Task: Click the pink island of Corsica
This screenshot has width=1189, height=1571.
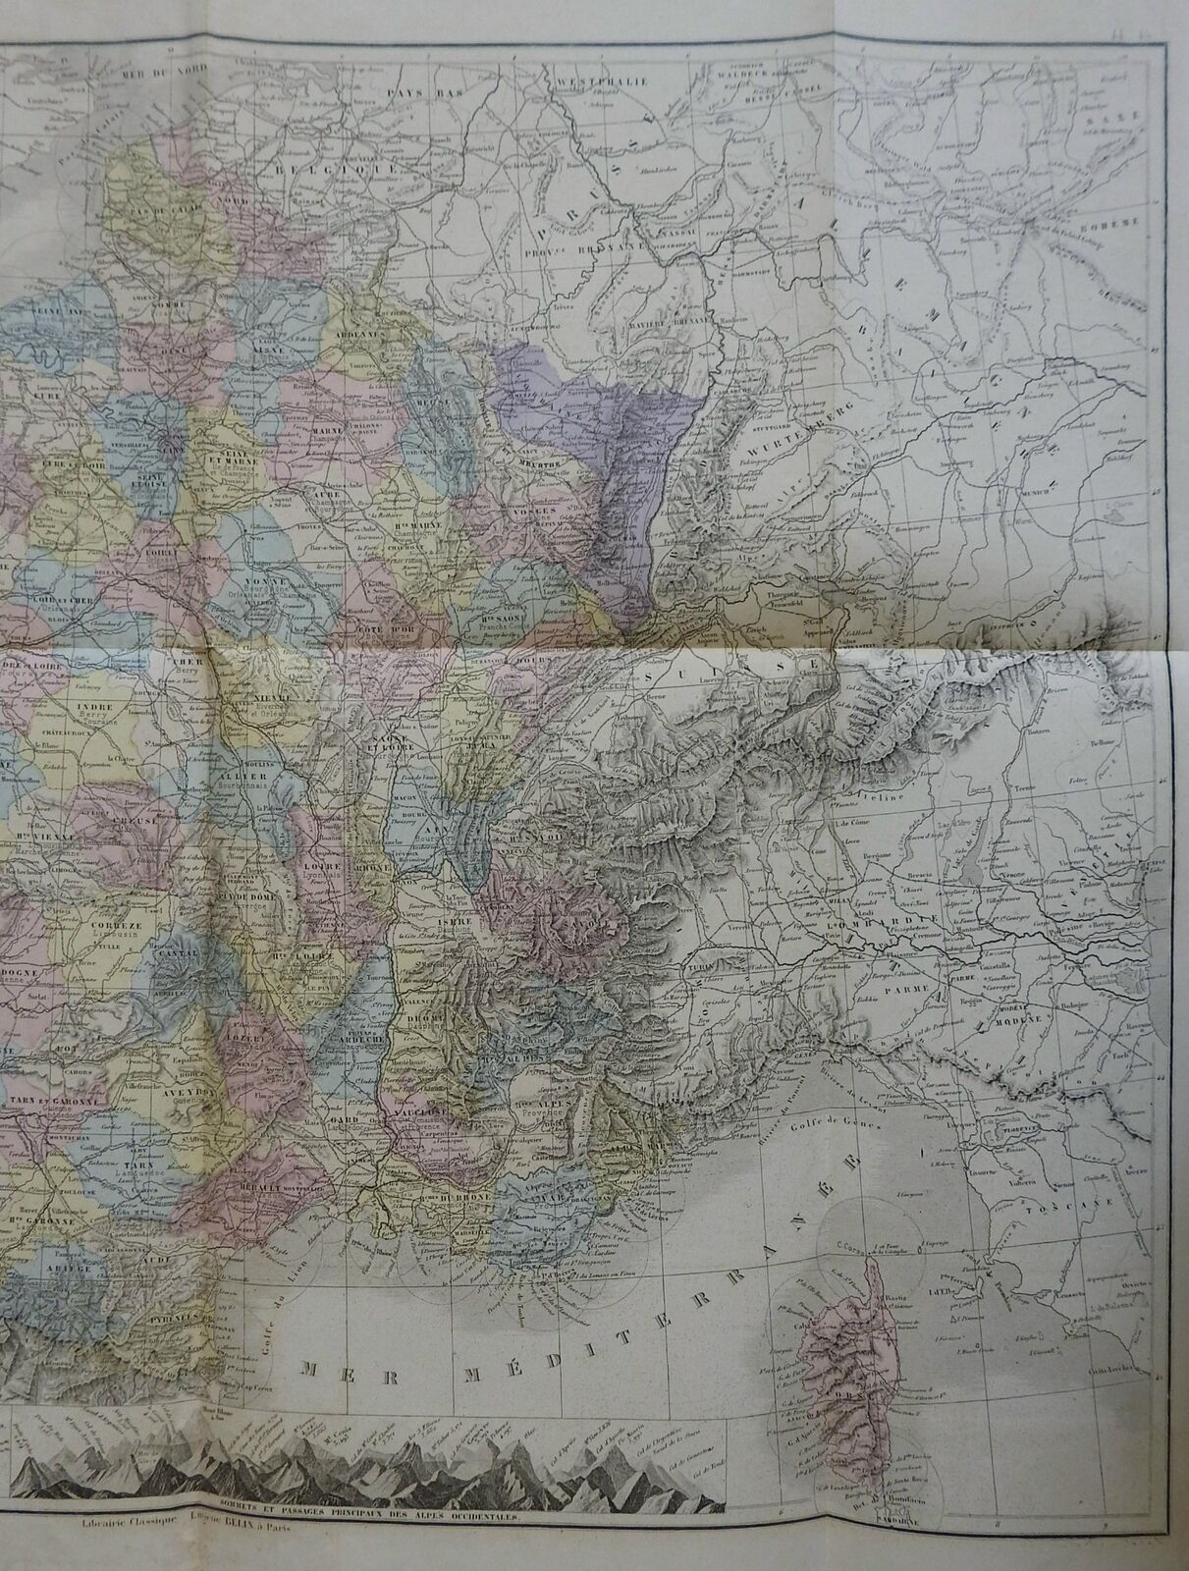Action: tap(858, 1355)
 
